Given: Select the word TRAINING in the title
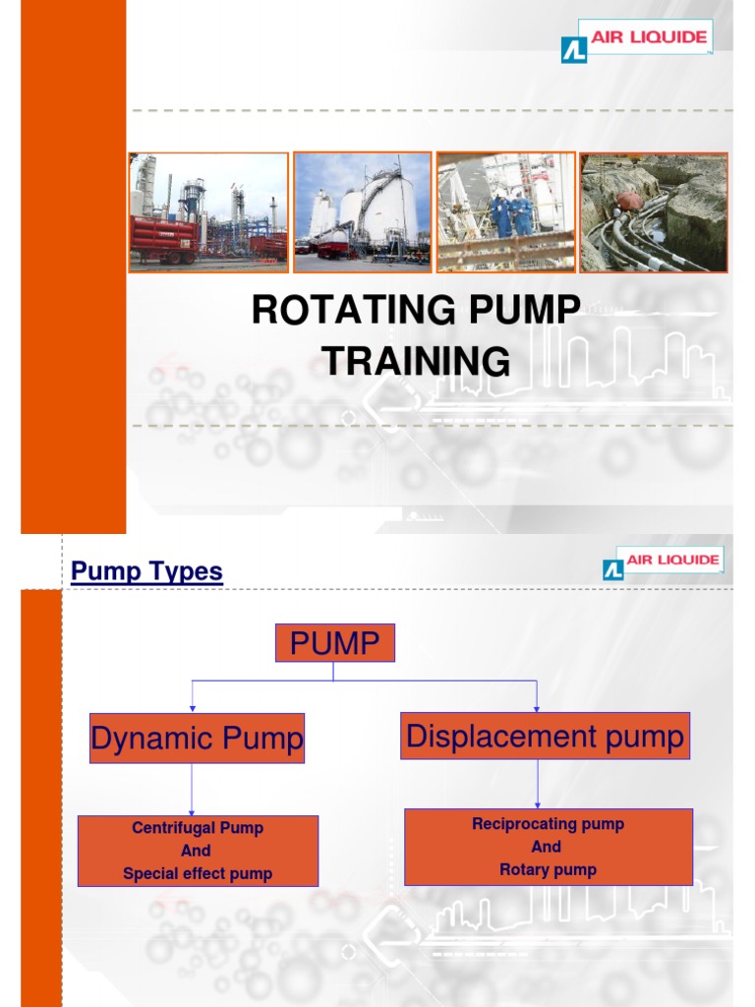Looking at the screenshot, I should tap(417, 361).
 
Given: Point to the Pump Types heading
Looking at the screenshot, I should tap(147, 571).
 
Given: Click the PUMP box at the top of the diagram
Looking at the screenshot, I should tap(334, 643).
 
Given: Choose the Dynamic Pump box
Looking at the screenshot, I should tap(197, 739).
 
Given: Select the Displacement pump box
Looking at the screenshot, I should tap(545, 737).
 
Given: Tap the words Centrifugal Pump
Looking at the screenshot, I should tap(198, 828).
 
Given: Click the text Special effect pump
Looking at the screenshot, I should tap(198, 873).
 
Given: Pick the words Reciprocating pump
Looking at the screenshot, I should tap(548, 824).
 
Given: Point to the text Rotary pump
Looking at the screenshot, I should tap(548, 869).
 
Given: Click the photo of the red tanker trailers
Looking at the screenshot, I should tap(208, 211).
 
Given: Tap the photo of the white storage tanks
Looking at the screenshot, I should tap(362, 211).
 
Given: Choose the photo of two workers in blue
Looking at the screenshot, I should tap(505, 211).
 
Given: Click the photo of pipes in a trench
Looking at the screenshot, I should tap(653, 211).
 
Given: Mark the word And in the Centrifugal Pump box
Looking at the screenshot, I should tap(197, 851).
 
